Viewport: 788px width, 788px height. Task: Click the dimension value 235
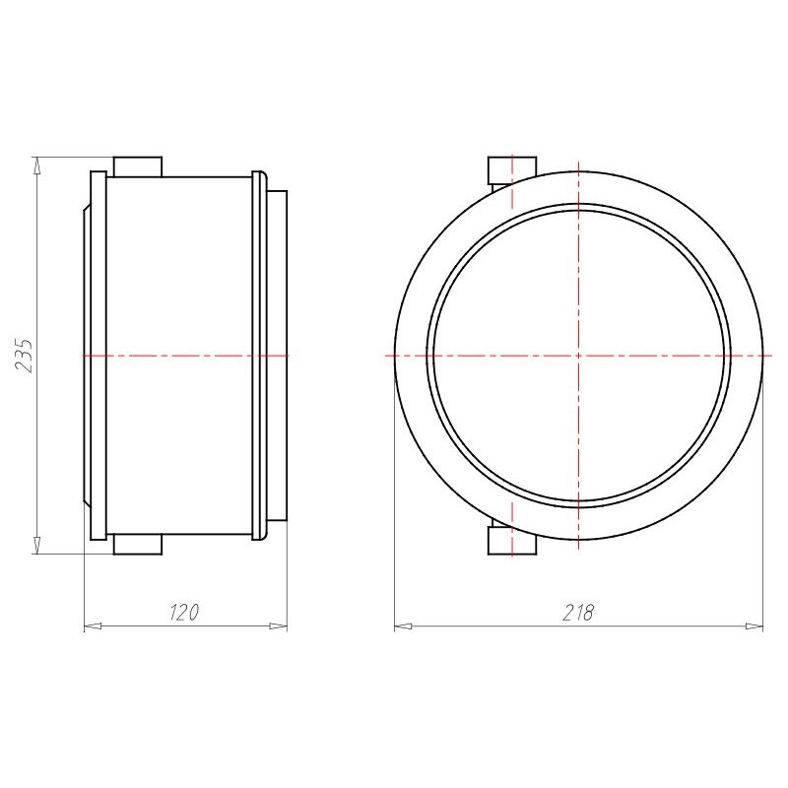pos(24,356)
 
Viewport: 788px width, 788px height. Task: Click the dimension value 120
pos(184,612)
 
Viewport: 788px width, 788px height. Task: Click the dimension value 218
pos(578,613)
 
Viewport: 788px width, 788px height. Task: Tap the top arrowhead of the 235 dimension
pos(36,165)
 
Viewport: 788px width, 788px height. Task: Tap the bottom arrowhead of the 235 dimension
pos(36,546)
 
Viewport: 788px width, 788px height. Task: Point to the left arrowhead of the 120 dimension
pos(93,626)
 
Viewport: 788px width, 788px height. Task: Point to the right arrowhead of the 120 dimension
pos(278,626)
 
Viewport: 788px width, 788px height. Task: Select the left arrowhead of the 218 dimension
pos(404,626)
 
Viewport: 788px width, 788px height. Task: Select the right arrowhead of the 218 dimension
pos(754,626)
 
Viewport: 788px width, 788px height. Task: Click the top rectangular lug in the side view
pos(138,166)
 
